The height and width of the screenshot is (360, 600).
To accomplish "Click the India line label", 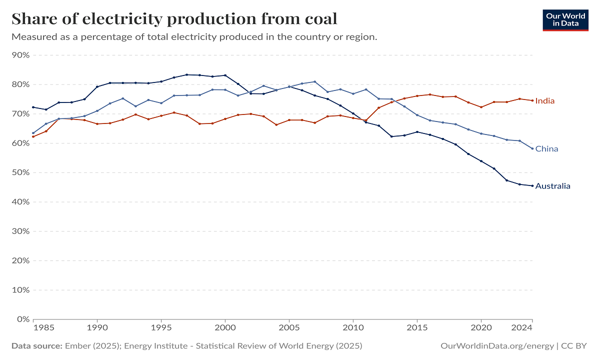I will coord(544,101).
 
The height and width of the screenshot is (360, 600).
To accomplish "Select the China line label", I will coord(546,149).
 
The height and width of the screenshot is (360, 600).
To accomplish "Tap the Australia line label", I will coord(552,186).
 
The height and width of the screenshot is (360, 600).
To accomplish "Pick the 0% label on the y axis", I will coord(23,319).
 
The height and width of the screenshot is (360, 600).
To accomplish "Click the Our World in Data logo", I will coord(565,19).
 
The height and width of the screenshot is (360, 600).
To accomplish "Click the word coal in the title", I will coord(316,18).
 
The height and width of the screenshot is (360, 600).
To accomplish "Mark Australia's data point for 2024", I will coord(532,185).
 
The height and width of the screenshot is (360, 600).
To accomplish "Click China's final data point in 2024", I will coord(532,148).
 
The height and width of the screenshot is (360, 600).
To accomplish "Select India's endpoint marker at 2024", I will coord(532,100).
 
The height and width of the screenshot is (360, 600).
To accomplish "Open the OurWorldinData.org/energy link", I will coord(497,346).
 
